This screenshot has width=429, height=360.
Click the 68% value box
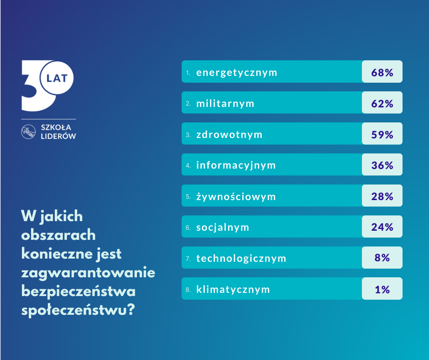click(382, 72)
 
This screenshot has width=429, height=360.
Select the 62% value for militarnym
click(382, 103)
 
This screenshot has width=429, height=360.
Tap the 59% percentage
click(382, 134)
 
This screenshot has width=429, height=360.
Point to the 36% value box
click(382, 164)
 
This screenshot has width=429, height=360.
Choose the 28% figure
click(382, 196)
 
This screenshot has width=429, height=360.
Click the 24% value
click(382, 227)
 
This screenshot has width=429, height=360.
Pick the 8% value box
click(382, 258)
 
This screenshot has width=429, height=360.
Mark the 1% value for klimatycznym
click(382, 289)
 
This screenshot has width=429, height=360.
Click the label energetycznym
click(236, 72)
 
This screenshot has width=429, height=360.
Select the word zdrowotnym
click(229, 134)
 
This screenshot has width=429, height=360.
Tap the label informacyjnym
click(236, 165)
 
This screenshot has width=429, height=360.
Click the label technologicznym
click(241, 258)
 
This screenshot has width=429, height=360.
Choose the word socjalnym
click(223, 227)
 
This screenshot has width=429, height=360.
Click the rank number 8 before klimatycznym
click(188, 290)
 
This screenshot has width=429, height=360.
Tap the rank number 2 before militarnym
click(188, 104)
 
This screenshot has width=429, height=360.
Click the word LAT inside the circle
click(57, 78)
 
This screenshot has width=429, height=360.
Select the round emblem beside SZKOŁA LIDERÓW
click(29, 132)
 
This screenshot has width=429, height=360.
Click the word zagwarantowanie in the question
click(89, 273)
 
